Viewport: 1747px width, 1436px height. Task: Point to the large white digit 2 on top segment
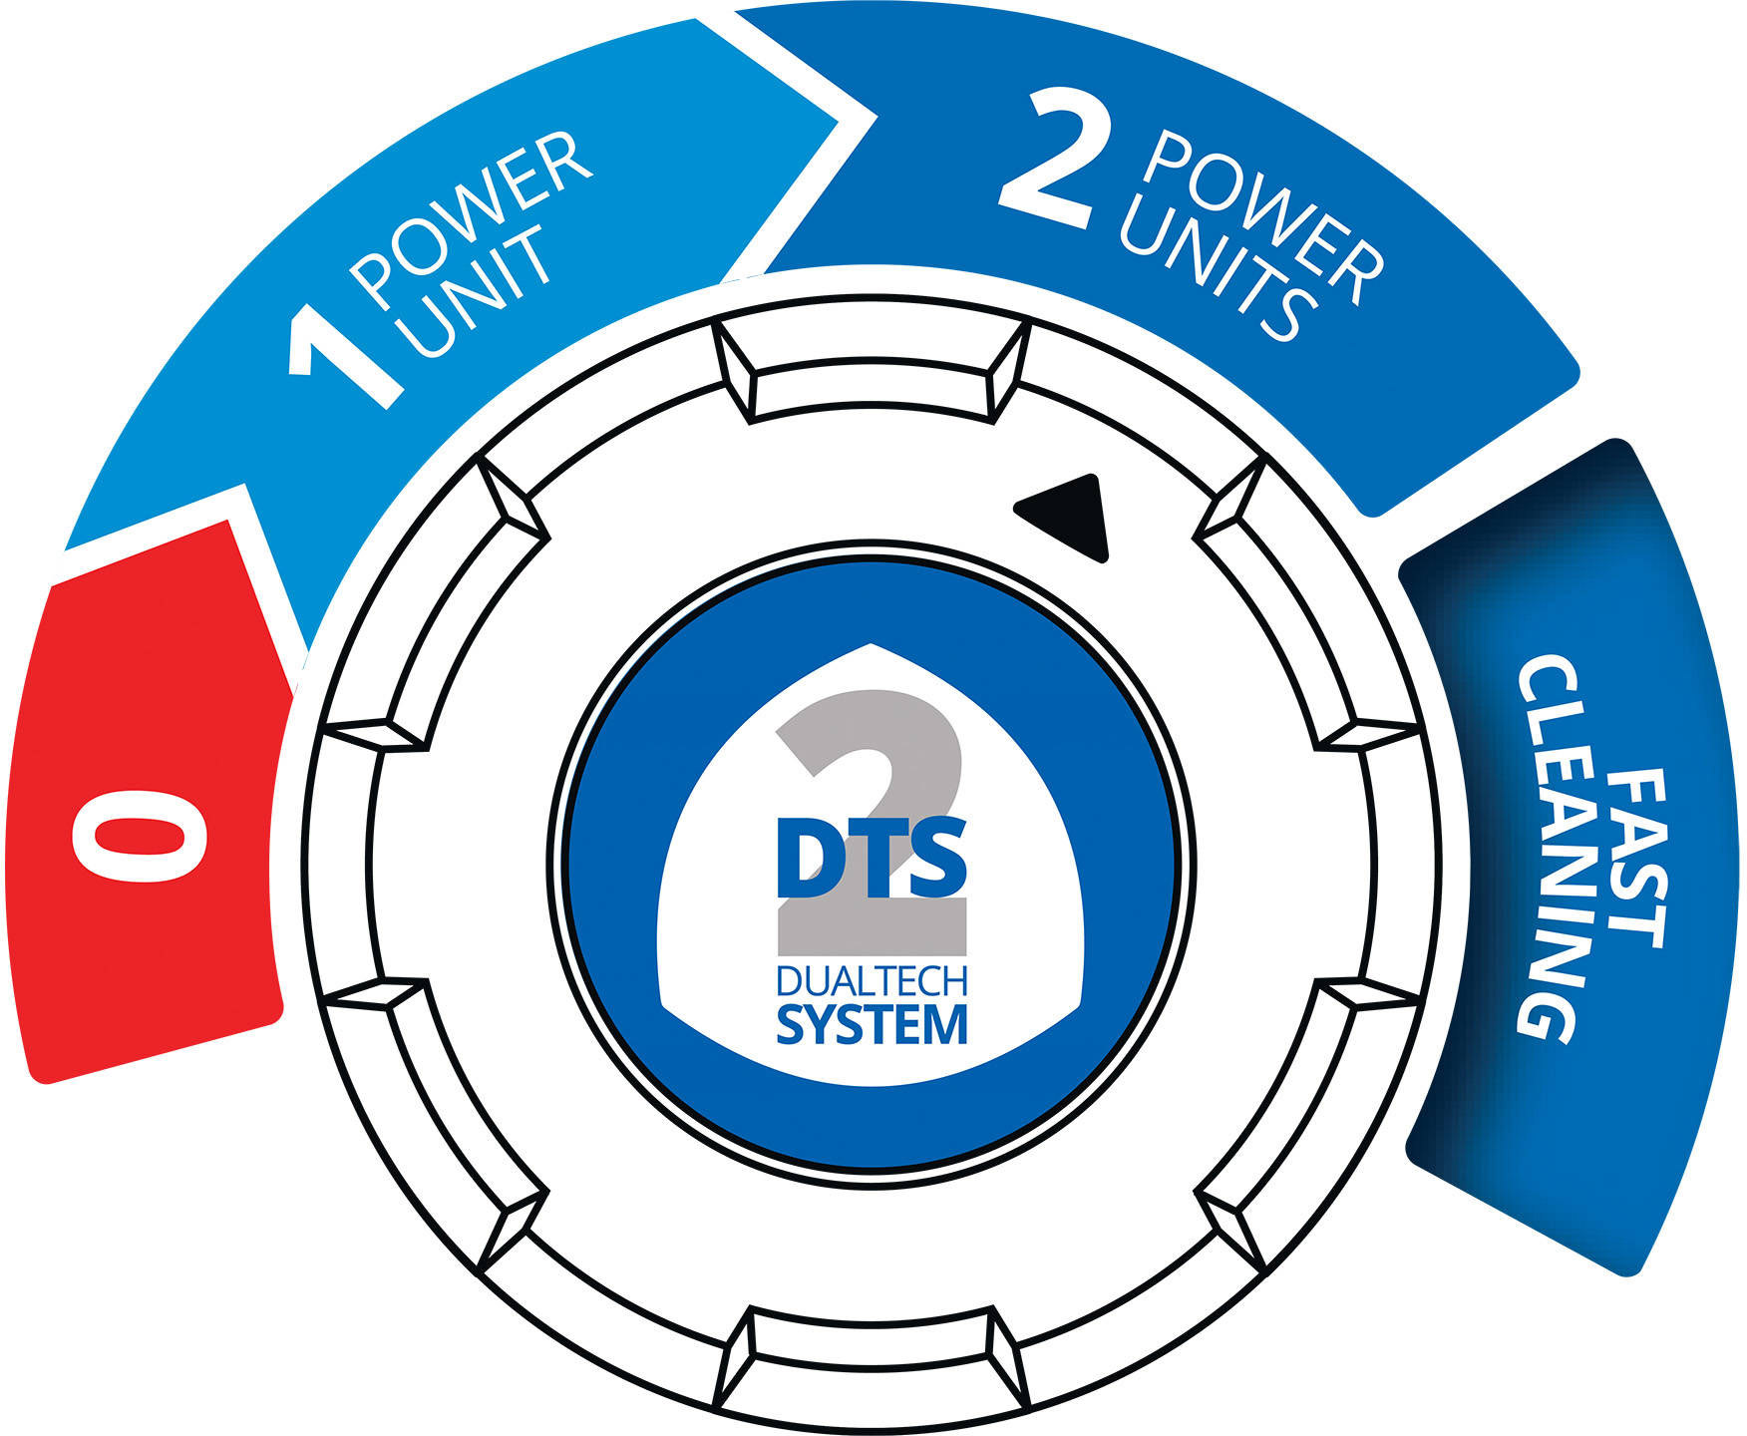pos(1047,160)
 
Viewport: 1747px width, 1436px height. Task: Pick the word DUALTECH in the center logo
pos(872,982)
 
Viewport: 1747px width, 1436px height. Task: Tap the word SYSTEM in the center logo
pos(872,1024)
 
